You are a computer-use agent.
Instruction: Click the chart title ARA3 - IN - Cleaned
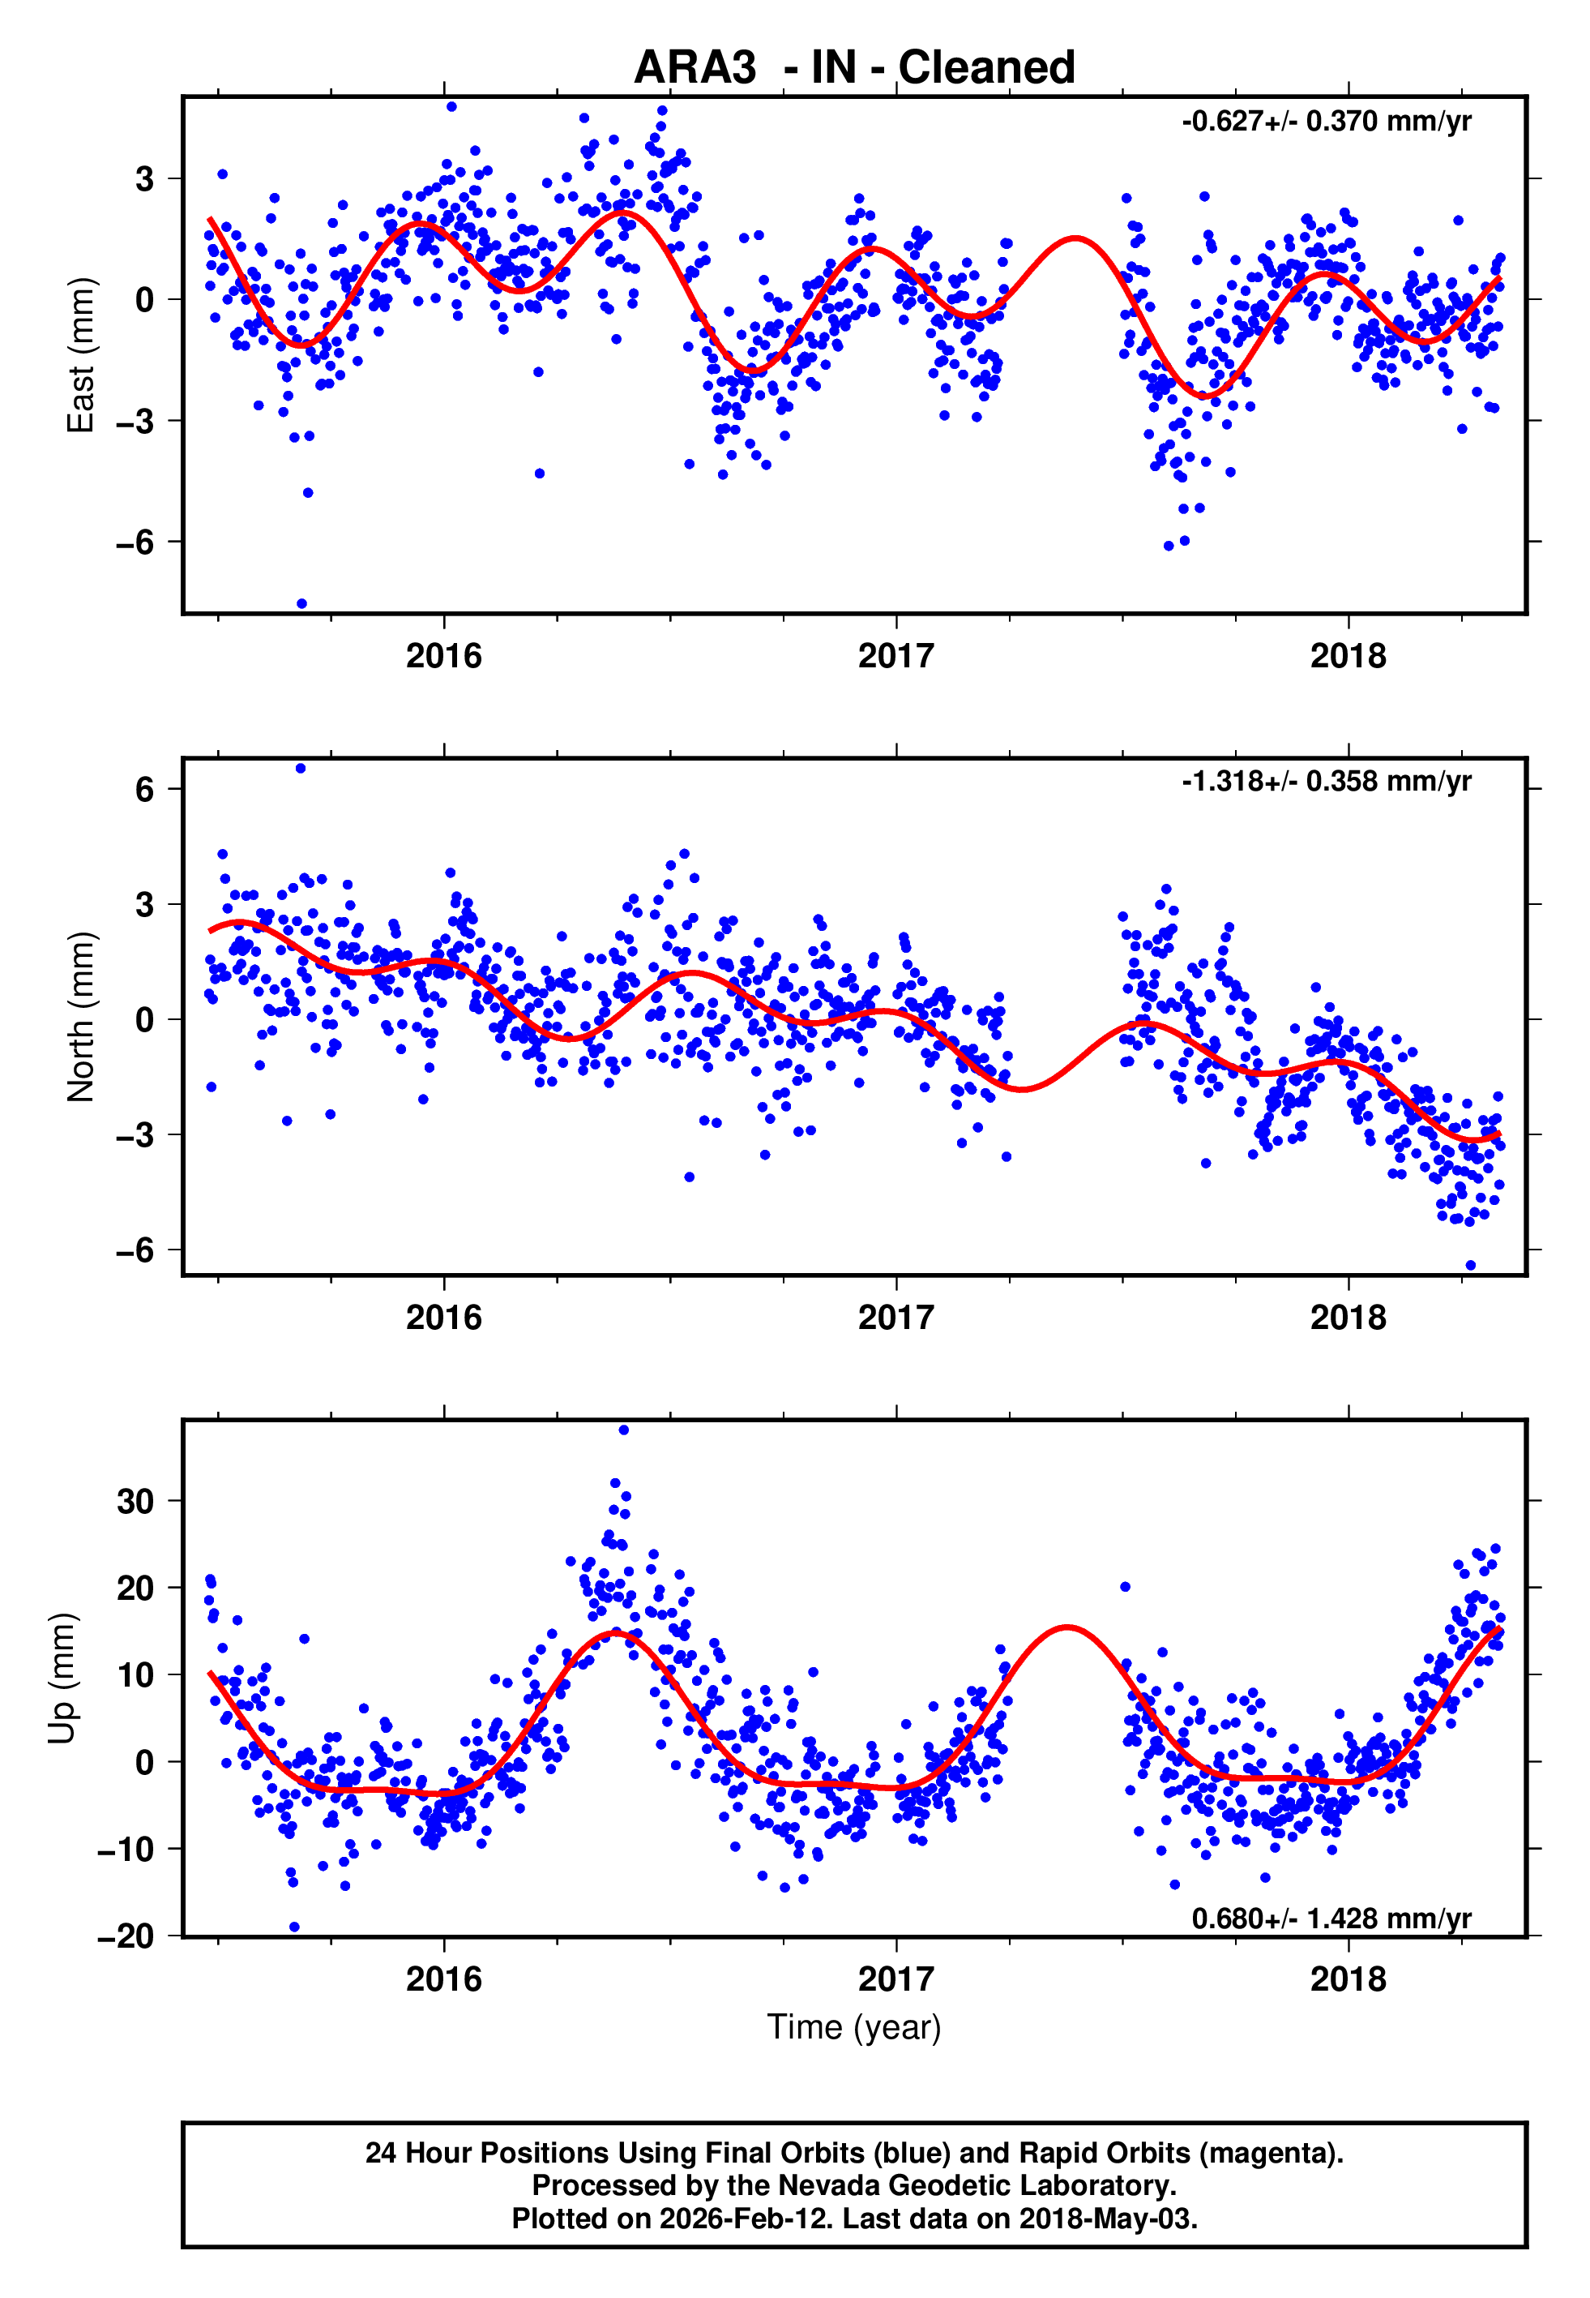(854, 68)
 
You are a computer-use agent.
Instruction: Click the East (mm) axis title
(79, 355)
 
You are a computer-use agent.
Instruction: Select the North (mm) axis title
(79, 1017)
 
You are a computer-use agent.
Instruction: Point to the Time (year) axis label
(854, 2027)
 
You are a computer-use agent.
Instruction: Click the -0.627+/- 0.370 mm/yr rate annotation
(1326, 122)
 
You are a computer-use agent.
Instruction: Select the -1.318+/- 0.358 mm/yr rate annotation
(1326, 782)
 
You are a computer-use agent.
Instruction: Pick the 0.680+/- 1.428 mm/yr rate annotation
(1331, 1919)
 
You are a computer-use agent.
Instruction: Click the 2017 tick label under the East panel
(895, 656)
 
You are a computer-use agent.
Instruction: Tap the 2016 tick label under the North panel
(443, 1318)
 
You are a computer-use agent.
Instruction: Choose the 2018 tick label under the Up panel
(1348, 1979)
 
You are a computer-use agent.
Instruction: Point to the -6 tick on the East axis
(135, 542)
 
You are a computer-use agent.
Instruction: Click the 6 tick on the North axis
(144, 789)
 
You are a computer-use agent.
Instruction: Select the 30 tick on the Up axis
(135, 1501)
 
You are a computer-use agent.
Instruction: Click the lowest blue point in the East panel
(301, 604)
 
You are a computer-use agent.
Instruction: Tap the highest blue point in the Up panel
(624, 1430)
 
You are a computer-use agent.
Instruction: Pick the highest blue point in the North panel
(301, 769)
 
